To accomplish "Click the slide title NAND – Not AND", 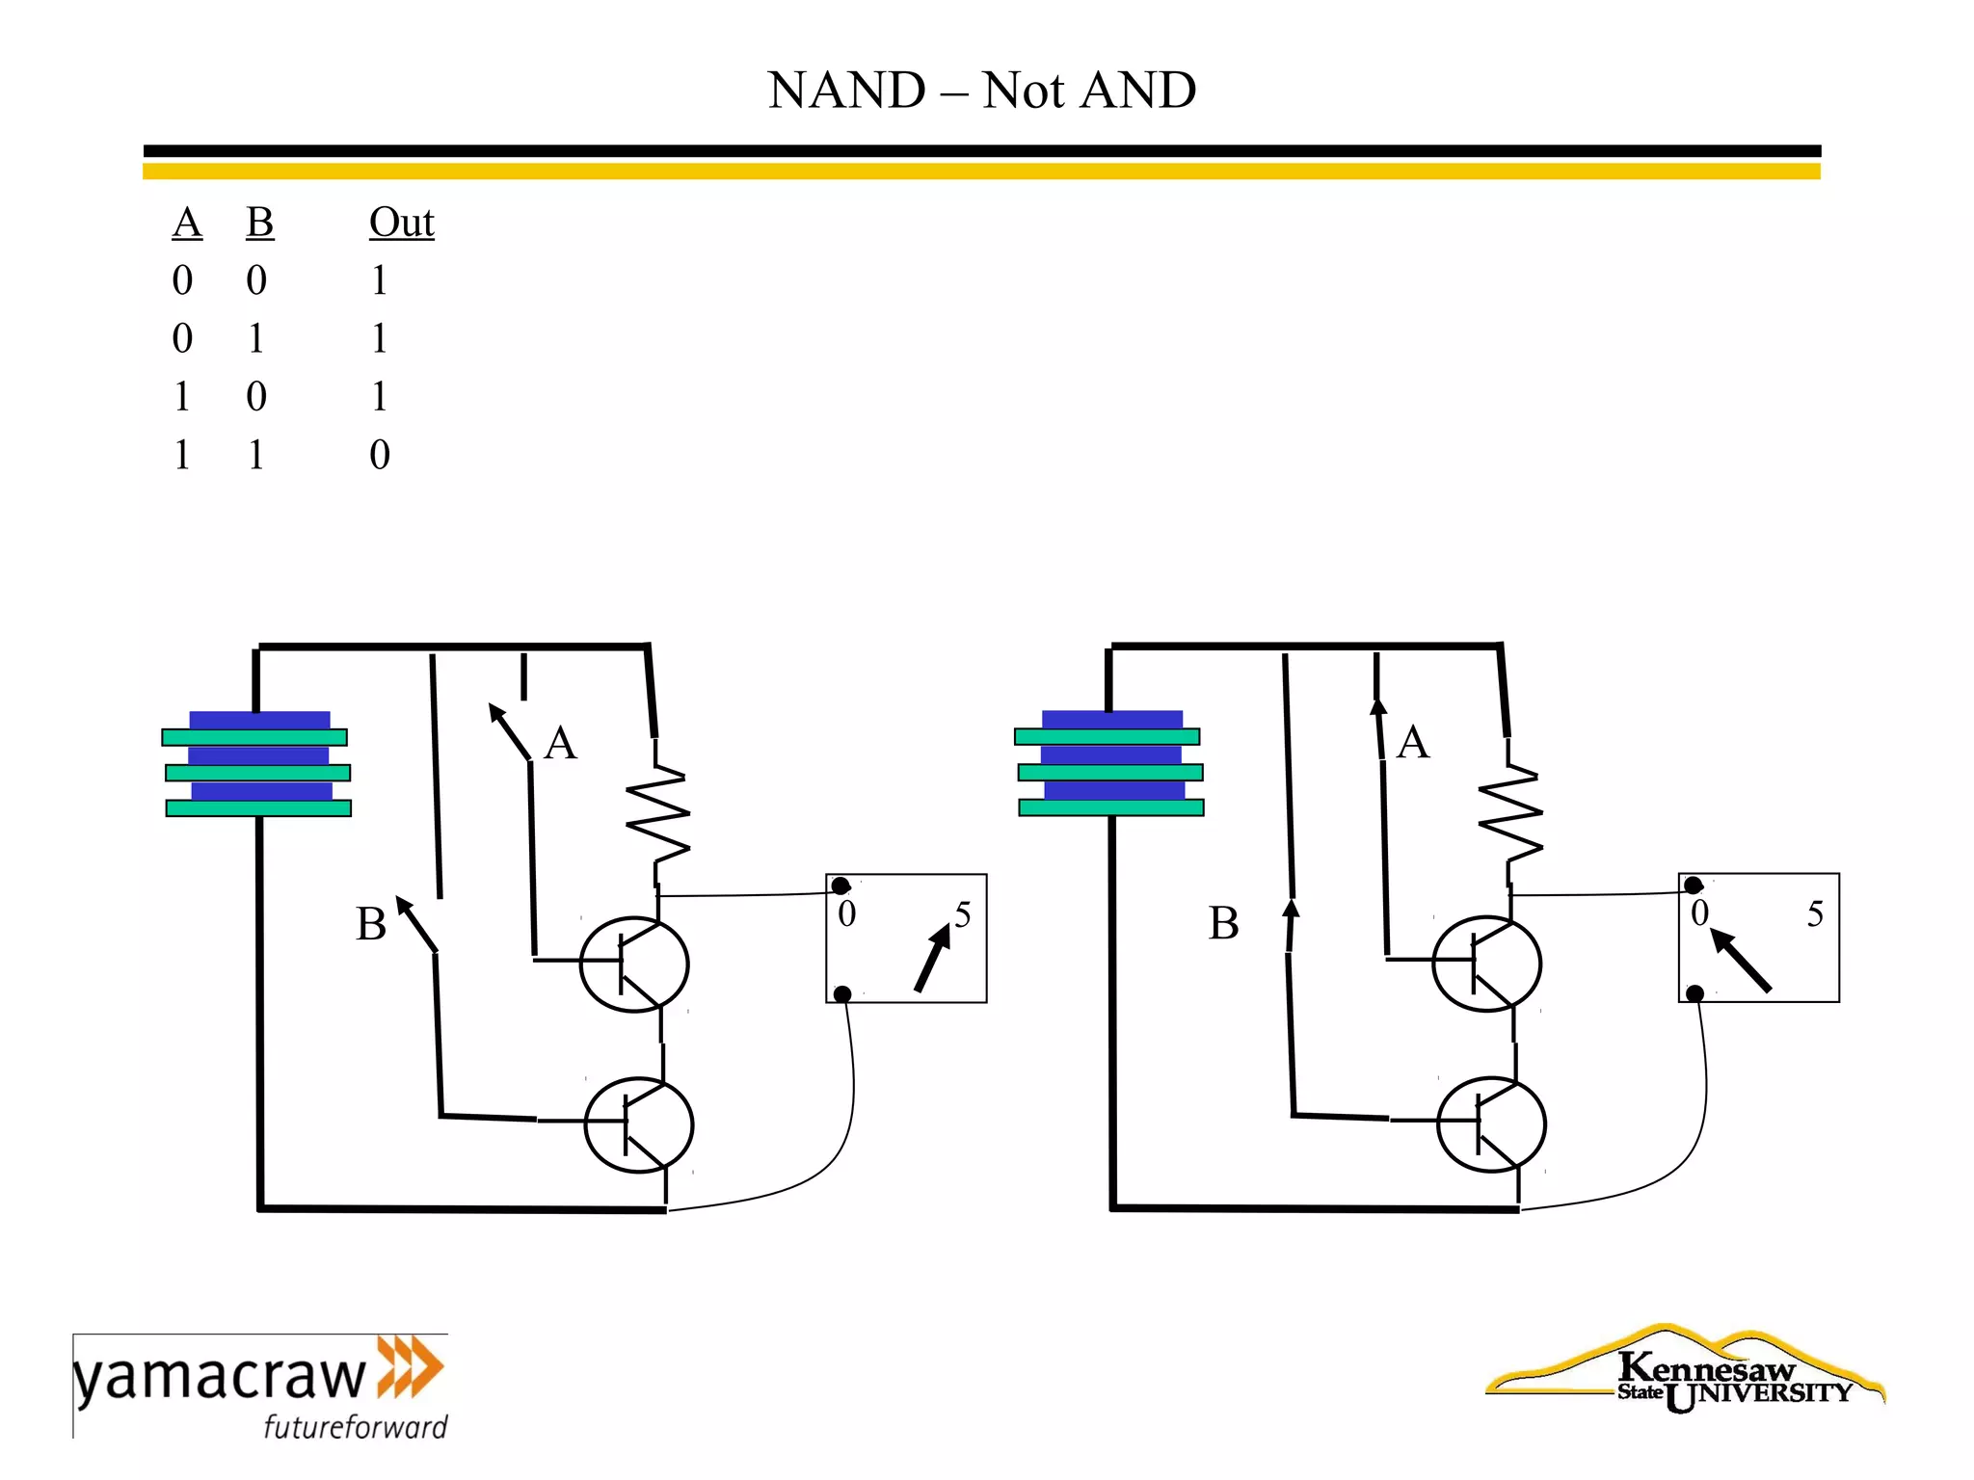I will [x=981, y=91].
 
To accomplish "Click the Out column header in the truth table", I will [x=401, y=223].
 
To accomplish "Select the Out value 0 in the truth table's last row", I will [x=380, y=455].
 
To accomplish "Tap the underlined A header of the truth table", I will [x=187, y=223].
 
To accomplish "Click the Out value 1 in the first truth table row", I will [x=380, y=280].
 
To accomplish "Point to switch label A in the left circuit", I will [x=560, y=744].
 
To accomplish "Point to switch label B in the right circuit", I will [x=1223, y=923].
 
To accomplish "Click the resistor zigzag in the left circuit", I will [x=658, y=814].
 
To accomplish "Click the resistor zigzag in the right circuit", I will [x=1510, y=814].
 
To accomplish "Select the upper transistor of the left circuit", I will [x=634, y=964].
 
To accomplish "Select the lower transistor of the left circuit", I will [x=639, y=1124].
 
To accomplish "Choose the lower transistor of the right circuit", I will [x=1491, y=1124].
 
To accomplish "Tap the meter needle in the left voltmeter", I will [x=932, y=958].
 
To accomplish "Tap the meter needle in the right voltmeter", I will [x=1741, y=961].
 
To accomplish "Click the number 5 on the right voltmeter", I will [x=1815, y=914].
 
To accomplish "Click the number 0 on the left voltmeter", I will [x=846, y=914].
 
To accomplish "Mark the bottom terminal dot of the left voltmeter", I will [x=842, y=993].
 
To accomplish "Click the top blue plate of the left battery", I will [x=259, y=720].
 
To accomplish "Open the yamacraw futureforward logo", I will [x=260, y=1386].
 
